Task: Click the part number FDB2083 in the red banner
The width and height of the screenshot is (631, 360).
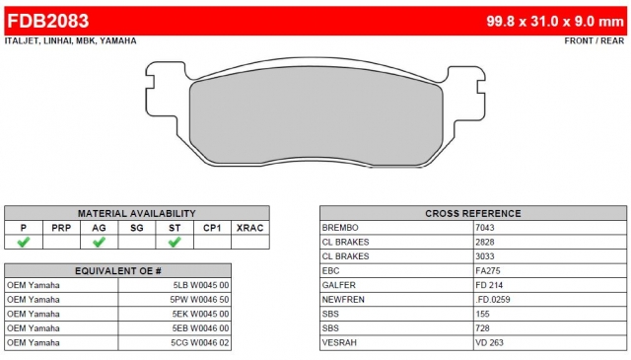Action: (48, 21)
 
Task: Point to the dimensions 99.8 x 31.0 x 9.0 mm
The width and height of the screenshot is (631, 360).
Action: (555, 21)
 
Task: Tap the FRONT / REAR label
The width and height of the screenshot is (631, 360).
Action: (594, 40)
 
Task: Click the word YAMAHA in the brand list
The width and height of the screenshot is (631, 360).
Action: (118, 40)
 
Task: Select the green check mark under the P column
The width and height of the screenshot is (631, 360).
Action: (24, 242)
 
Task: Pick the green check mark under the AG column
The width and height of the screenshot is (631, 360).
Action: (99, 242)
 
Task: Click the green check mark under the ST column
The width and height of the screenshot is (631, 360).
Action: (175, 242)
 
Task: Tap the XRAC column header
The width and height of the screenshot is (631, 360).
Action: (249, 228)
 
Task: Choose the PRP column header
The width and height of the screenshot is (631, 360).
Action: (61, 228)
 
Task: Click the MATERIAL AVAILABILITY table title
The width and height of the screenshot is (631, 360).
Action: (137, 213)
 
